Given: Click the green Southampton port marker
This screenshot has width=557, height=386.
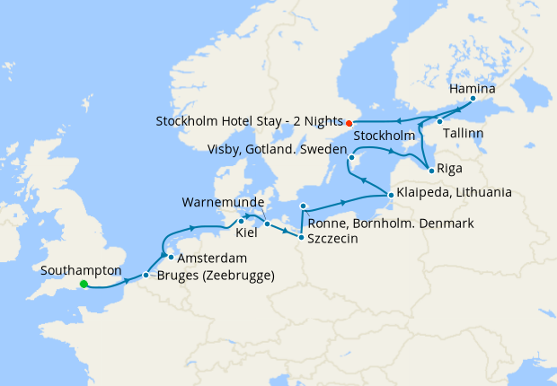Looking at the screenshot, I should pyautogui.click(x=84, y=285).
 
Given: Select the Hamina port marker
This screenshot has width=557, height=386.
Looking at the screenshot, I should pyautogui.click(x=473, y=99).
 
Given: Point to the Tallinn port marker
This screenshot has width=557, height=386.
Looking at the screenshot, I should pyautogui.click(x=439, y=121).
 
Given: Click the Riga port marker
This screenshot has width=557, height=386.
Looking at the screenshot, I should pyautogui.click(x=432, y=171).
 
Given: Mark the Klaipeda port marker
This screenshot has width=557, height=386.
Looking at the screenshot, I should pyautogui.click(x=389, y=194).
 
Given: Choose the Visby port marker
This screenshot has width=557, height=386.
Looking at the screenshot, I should pyautogui.click(x=352, y=158).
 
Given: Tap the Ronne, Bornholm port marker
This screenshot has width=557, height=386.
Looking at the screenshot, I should pyautogui.click(x=303, y=206).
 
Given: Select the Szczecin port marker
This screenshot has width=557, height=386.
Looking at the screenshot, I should pyautogui.click(x=301, y=237).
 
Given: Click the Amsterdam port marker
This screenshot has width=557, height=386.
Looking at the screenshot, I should pyautogui.click(x=170, y=258).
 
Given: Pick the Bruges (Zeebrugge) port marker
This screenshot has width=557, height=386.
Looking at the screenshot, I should pyautogui.click(x=146, y=275).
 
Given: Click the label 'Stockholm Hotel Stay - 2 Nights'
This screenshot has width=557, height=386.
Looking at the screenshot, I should pyautogui.click(x=249, y=122).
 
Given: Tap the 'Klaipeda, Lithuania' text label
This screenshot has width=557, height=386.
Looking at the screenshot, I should pyautogui.click(x=455, y=192).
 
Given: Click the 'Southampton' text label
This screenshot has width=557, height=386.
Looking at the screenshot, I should pyautogui.click(x=82, y=268).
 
